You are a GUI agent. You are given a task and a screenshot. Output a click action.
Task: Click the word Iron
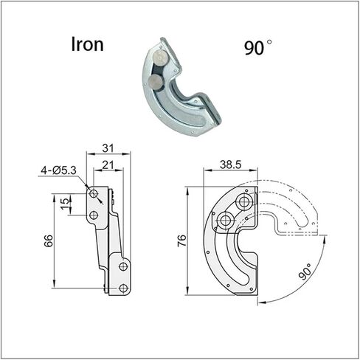(87, 44)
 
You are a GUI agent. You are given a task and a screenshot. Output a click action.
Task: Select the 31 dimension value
(108, 148)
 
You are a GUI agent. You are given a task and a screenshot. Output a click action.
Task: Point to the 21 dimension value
(108, 165)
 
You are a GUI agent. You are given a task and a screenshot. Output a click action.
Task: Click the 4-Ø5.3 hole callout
(58, 170)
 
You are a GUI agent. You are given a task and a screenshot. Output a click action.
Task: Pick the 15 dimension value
(64, 204)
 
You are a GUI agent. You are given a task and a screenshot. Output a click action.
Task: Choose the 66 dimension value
(49, 241)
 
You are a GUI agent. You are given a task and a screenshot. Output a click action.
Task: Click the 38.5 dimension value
(231, 165)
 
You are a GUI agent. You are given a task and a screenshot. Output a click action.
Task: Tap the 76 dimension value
(181, 240)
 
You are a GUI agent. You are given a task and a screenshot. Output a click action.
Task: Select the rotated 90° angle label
(305, 271)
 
